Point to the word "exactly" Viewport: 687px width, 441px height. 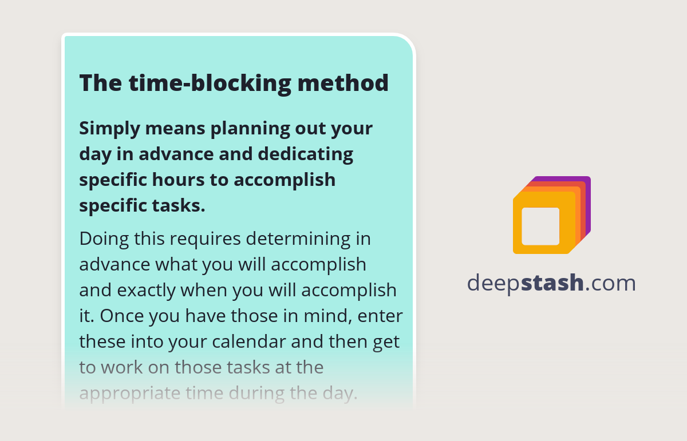click(x=146, y=290)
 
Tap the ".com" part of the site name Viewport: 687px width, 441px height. click(x=610, y=283)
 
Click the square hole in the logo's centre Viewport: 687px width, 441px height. click(x=540, y=226)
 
